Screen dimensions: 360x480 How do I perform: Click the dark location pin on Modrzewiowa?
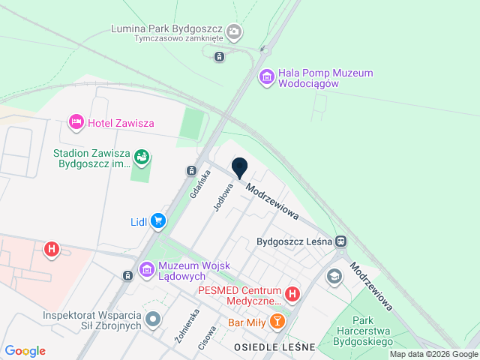[239, 168]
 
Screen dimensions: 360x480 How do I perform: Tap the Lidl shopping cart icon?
[157, 220]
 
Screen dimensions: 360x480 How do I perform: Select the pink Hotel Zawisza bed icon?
[76, 121]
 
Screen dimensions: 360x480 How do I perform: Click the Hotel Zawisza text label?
[121, 122]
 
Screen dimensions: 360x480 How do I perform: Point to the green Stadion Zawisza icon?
[141, 157]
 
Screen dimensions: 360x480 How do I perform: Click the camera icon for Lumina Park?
[234, 31]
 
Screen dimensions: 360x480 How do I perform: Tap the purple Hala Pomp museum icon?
[266, 76]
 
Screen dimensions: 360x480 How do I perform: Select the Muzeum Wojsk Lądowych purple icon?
[146, 268]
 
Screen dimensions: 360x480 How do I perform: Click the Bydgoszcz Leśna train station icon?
[341, 241]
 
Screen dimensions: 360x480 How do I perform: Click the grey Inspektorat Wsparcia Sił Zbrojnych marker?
[154, 320]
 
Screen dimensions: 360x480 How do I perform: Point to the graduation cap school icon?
[334, 277]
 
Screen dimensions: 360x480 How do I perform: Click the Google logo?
[25, 351]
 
